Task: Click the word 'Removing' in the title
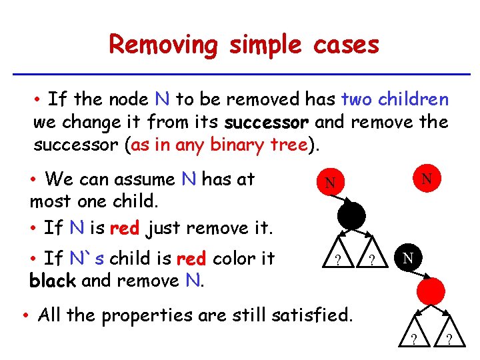click(x=163, y=45)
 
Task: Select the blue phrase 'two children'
click(x=394, y=100)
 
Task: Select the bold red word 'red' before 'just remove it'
click(x=124, y=228)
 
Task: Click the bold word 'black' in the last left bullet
click(x=51, y=281)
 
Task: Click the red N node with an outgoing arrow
click(x=329, y=183)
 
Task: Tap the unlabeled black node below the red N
click(x=351, y=215)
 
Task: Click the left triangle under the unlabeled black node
click(x=338, y=258)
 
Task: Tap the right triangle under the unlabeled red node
click(x=448, y=336)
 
